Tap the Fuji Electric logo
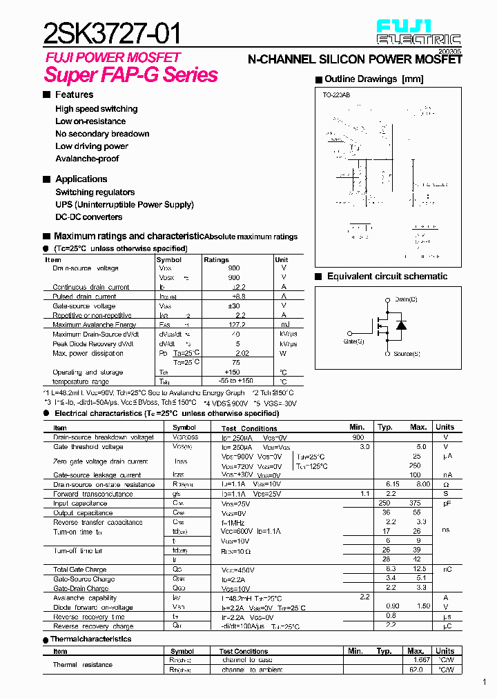point(418,32)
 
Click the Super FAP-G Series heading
point(131,75)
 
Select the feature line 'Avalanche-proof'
point(87,159)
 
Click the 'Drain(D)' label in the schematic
point(406,299)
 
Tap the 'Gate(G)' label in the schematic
point(353,341)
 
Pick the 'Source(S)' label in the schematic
point(407,354)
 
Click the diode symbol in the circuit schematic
point(400,326)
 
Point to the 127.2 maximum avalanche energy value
point(235,325)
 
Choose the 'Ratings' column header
point(216,260)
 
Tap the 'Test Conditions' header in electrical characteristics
point(249,428)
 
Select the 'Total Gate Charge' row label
point(79,570)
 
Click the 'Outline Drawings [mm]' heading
point(373,79)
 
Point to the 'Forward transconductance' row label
point(92,494)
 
